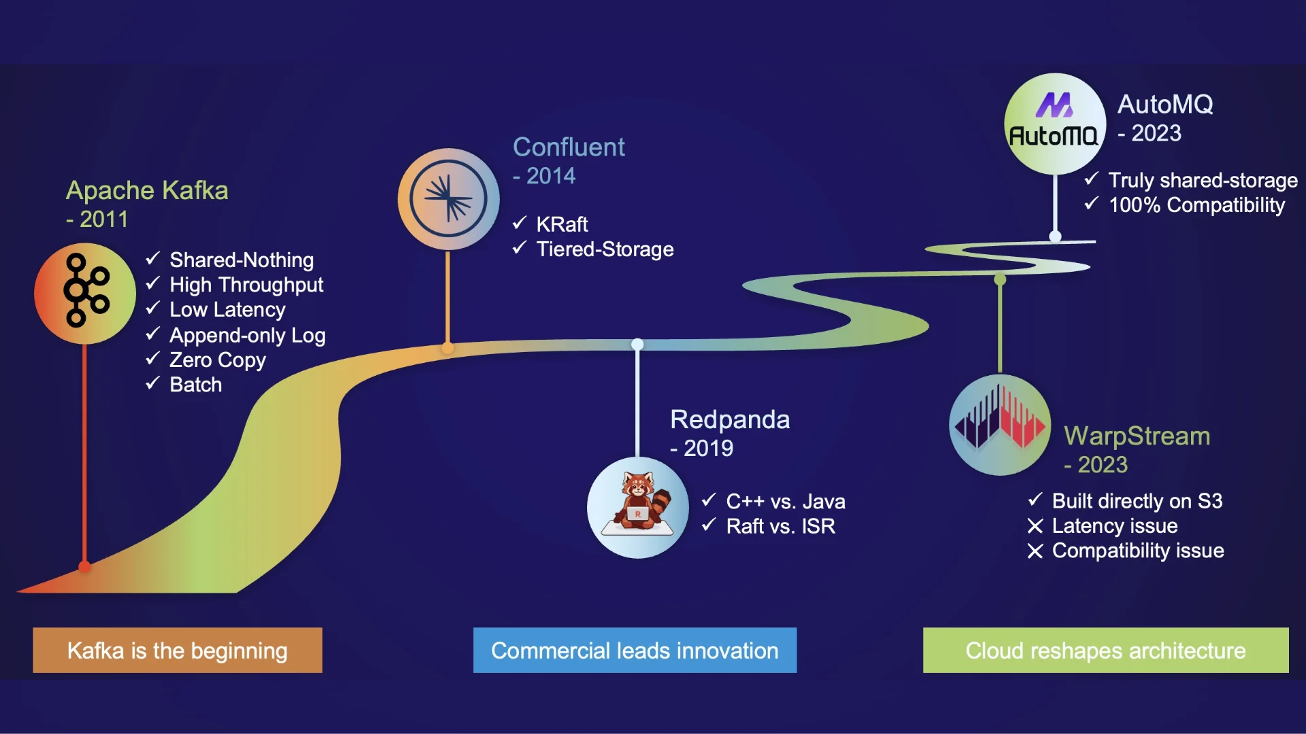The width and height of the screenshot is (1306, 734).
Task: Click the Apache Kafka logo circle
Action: click(85, 294)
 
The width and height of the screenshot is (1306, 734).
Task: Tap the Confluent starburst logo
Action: click(448, 198)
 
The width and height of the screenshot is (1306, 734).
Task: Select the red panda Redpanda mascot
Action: click(638, 507)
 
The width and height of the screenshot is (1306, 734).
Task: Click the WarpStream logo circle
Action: click(1000, 425)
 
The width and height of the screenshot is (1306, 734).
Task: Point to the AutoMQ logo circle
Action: click(1054, 124)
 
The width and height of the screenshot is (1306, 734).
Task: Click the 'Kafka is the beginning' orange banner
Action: click(178, 650)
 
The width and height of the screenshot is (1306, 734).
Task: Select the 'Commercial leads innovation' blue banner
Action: click(635, 650)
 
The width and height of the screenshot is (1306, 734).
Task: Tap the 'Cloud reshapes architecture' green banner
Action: click(1105, 650)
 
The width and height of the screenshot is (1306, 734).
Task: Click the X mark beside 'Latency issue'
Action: click(1035, 526)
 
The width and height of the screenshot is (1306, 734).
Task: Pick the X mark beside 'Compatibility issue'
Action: click(1035, 551)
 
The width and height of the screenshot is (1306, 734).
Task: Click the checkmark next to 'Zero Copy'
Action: click(153, 358)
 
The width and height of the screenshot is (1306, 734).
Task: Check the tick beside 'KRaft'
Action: click(520, 223)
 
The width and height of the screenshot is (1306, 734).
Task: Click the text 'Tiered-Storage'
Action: click(605, 249)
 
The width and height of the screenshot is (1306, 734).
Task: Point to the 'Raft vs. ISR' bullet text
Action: click(780, 526)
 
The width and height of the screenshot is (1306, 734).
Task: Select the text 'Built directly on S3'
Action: click(1137, 501)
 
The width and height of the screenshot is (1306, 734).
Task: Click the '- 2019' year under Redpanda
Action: click(702, 449)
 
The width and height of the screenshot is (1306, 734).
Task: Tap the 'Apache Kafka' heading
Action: click(147, 190)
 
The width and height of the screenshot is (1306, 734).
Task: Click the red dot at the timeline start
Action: click(85, 566)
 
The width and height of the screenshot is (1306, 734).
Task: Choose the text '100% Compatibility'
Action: click(1196, 205)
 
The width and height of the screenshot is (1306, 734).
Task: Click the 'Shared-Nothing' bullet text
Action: click(241, 260)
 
